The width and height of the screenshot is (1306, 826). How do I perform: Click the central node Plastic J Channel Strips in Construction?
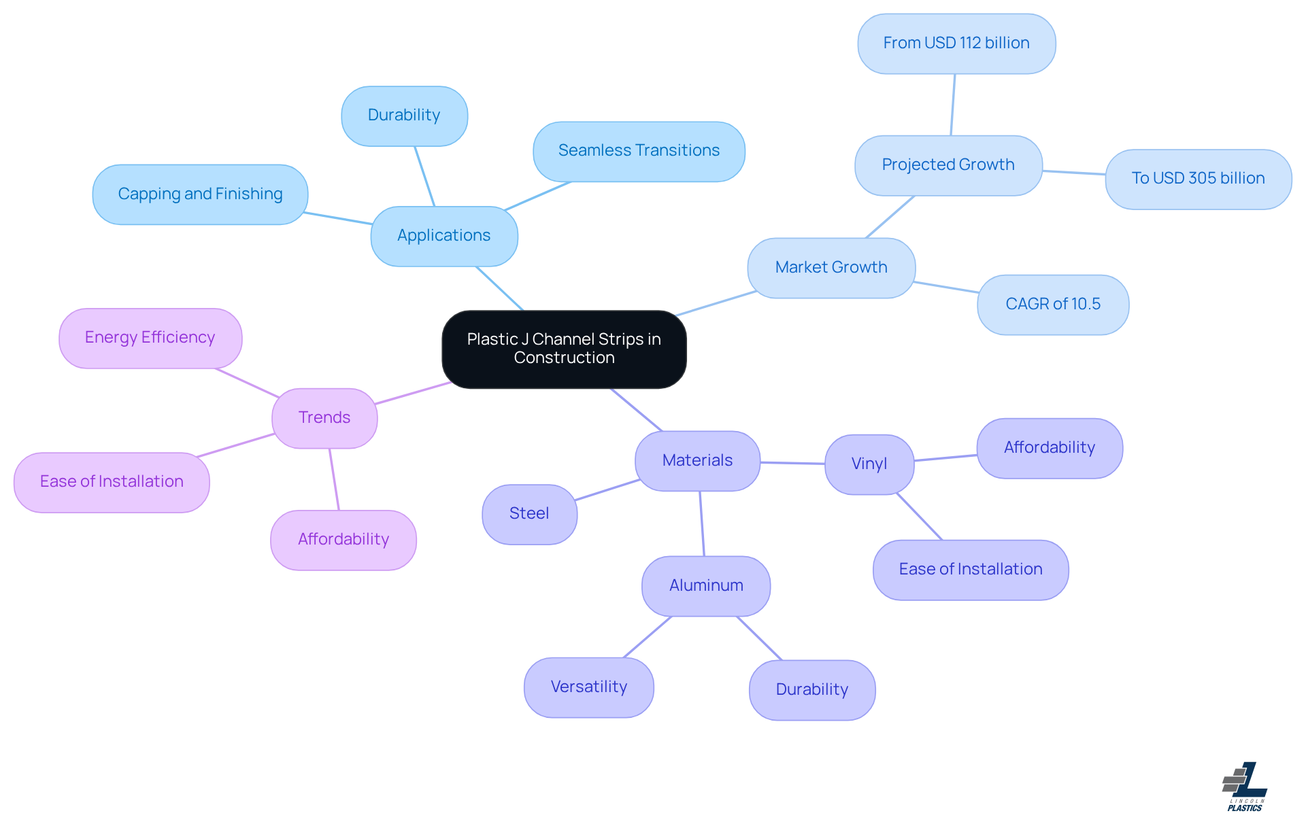(x=564, y=349)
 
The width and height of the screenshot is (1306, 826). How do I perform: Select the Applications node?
(x=443, y=236)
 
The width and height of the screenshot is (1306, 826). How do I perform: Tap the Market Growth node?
(x=831, y=267)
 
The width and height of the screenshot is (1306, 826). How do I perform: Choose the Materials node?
(x=697, y=460)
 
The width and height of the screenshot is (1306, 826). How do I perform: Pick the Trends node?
(x=324, y=417)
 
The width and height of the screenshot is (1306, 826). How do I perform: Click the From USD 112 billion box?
(x=956, y=44)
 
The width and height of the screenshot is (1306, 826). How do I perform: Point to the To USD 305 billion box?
(x=1198, y=179)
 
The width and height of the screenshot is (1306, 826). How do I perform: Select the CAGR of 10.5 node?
(x=1052, y=304)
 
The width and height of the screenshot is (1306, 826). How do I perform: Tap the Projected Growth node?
(x=948, y=165)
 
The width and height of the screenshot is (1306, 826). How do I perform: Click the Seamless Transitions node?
(x=639, y=151)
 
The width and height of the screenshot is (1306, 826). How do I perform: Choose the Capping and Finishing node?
(x=200, y=194)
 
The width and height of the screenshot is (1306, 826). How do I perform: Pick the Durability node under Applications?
(x=404, y=116)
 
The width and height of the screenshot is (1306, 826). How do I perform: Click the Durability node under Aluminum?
(x=811, y=689)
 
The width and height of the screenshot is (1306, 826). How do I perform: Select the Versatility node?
(x=588, y=687)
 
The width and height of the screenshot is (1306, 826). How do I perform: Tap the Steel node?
(x=529, y=514)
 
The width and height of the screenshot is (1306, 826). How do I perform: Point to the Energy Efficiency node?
(x=150, y=338)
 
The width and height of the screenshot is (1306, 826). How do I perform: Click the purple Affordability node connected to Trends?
(x=343, y=540)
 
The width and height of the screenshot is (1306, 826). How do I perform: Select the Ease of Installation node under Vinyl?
(x=970, y=570)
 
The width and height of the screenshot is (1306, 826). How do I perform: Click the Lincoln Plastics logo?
(x=1244, y=787)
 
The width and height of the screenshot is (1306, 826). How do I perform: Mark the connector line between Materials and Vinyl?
(x=792, y=463)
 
